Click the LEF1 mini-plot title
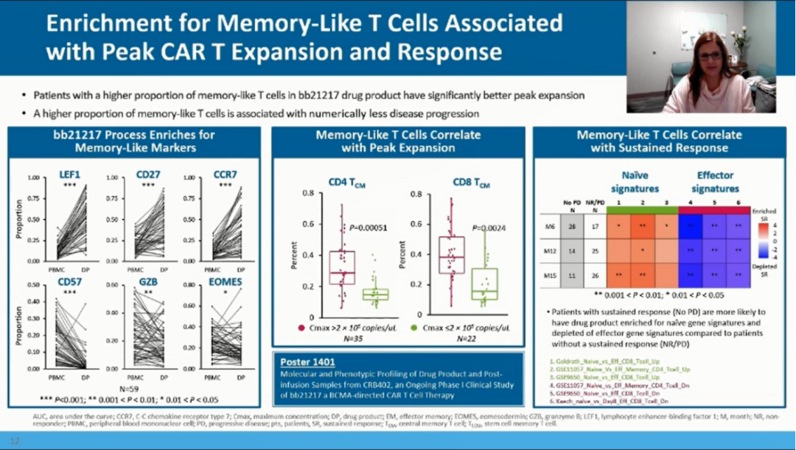tap(70, 175)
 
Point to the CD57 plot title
tap(70, 282)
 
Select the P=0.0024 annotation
tap(489, 228)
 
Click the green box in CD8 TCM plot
tap(484, 284)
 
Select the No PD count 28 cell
tap(572, 226)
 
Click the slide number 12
tap(15, 441)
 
